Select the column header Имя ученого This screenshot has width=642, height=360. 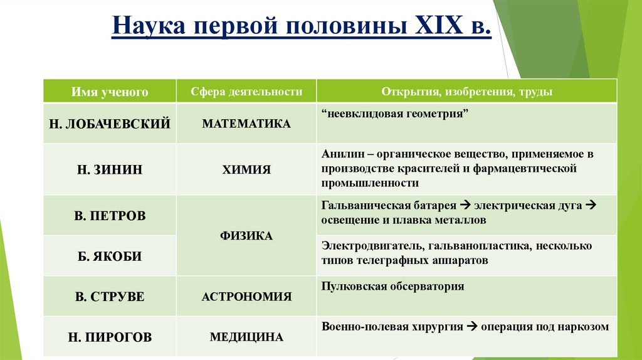(x=110, y=92)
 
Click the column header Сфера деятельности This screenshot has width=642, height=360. (x=246, y=92)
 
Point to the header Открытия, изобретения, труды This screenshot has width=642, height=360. (x=466, y=92)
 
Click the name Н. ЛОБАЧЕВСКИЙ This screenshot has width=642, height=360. (x=110, y=124)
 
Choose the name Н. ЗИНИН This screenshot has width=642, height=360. (x=110, y=169)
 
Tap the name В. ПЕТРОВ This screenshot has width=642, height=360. (x=110, y=216)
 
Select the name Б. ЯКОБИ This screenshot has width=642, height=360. (x=110, y=256)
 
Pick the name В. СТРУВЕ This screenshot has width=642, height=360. (x=110, y=297)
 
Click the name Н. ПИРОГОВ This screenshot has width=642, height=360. (x=110, y=337)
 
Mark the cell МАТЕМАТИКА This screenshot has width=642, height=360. (x=246, y=124)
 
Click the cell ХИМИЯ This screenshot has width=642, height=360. (x=246, y=169)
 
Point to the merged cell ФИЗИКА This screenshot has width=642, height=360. (x=246, y=236)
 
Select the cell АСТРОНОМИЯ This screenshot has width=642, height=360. (x=246, y=297)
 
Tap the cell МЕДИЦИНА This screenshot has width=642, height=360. (x=246, y=337)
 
